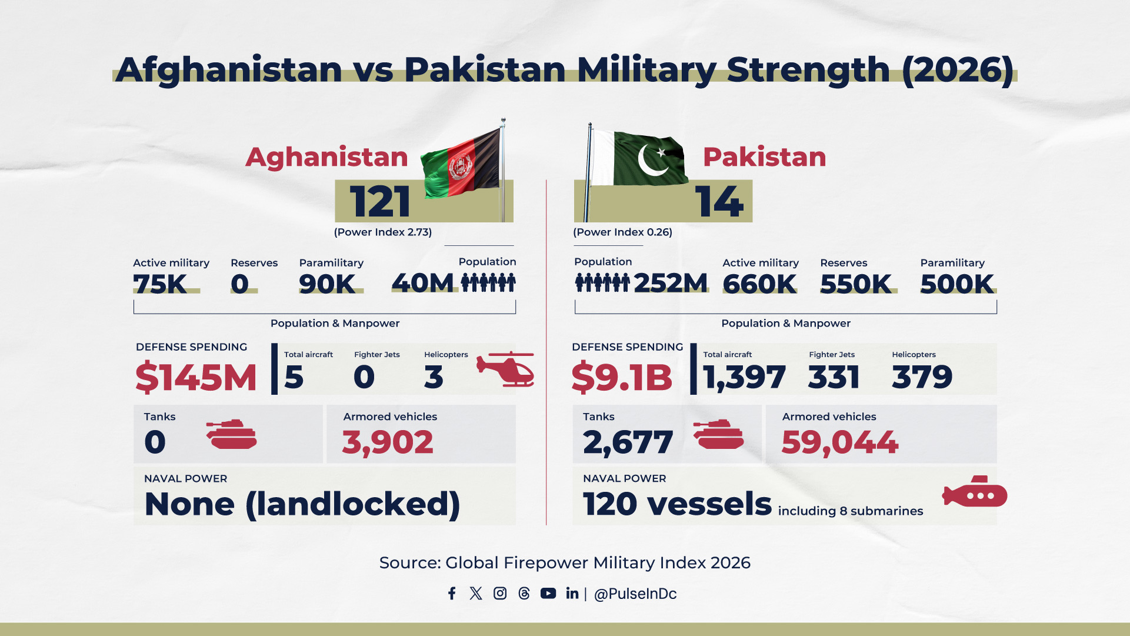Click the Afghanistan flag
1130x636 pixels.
(x=462, y=165)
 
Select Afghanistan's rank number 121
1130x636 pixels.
(x=380, y=202)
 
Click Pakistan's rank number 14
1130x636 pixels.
(x=719, y=202)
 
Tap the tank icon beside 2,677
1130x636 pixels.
(x=718, y=435)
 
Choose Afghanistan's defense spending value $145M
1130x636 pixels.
(x=196, y=377)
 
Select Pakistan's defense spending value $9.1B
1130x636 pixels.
(x=621, y=377)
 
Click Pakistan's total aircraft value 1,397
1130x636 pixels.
(x=744, y=377)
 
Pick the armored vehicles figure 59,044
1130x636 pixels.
(x=839, y=442)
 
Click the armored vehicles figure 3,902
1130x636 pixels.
(x=388, y=442)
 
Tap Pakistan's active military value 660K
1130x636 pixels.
(x=759, y=284)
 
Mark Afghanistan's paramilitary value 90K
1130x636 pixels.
(x=327, y=284)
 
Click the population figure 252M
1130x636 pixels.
(x=671, y=283)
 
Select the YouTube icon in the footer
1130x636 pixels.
(x=548, y=593)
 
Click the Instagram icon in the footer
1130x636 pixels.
(x=500, y=593)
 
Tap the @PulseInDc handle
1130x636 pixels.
(x=635, y=594)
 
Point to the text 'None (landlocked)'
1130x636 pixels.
(x=302, y=504)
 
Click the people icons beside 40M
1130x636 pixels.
(x=488, y=282)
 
